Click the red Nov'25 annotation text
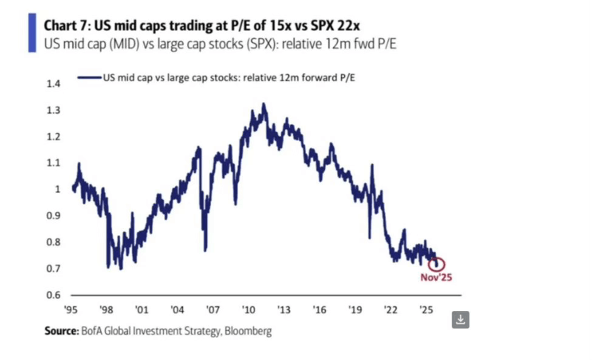click(437, 277)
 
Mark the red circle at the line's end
click(437, 264)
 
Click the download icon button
click(461, 319)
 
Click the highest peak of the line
click(264, 104)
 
